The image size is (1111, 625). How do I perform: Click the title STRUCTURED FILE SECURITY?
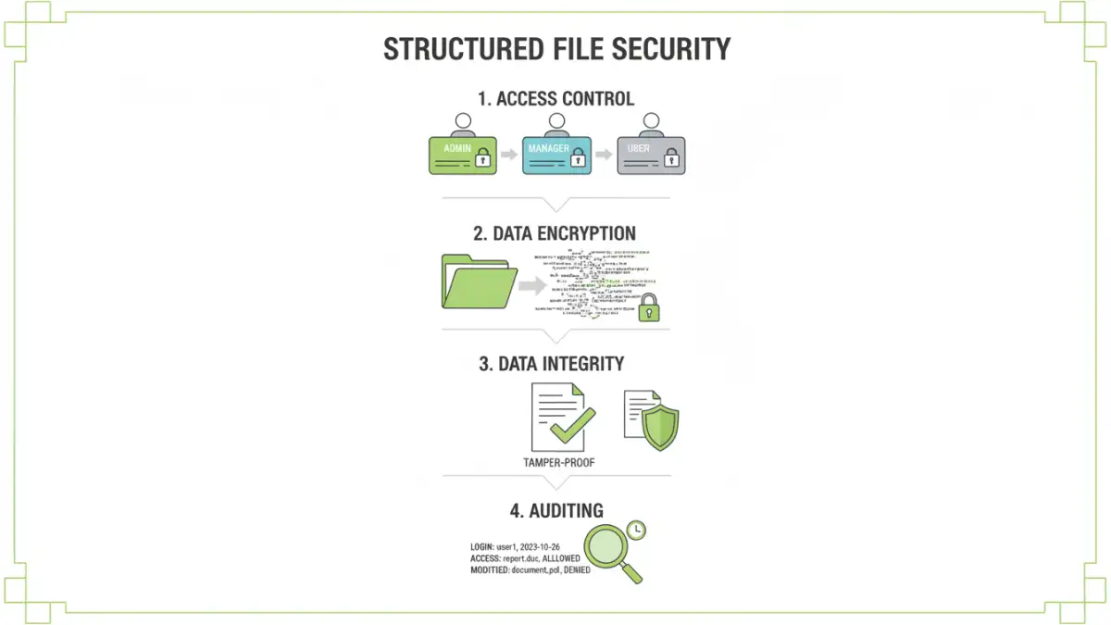click(556, 49)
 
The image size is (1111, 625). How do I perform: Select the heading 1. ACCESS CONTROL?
click(555, 98)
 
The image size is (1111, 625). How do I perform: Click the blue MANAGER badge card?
click(556, 156)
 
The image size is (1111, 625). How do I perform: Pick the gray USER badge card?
click(651, 156)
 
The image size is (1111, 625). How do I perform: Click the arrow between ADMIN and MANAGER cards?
click(509, 155)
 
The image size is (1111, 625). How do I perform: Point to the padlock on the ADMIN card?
click(481, 160)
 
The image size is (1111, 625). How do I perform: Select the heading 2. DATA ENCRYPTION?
click(555, 232)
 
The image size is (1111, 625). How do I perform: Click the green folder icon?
click(479, 282)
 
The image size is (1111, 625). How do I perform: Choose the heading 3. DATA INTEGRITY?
click(552, 364)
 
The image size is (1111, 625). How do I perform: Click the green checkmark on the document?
click(572, 425)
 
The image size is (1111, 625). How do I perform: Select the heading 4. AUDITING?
click(555, 510)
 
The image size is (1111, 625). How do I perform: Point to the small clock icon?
click(635, 530)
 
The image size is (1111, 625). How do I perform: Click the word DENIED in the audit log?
click(577, 570)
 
